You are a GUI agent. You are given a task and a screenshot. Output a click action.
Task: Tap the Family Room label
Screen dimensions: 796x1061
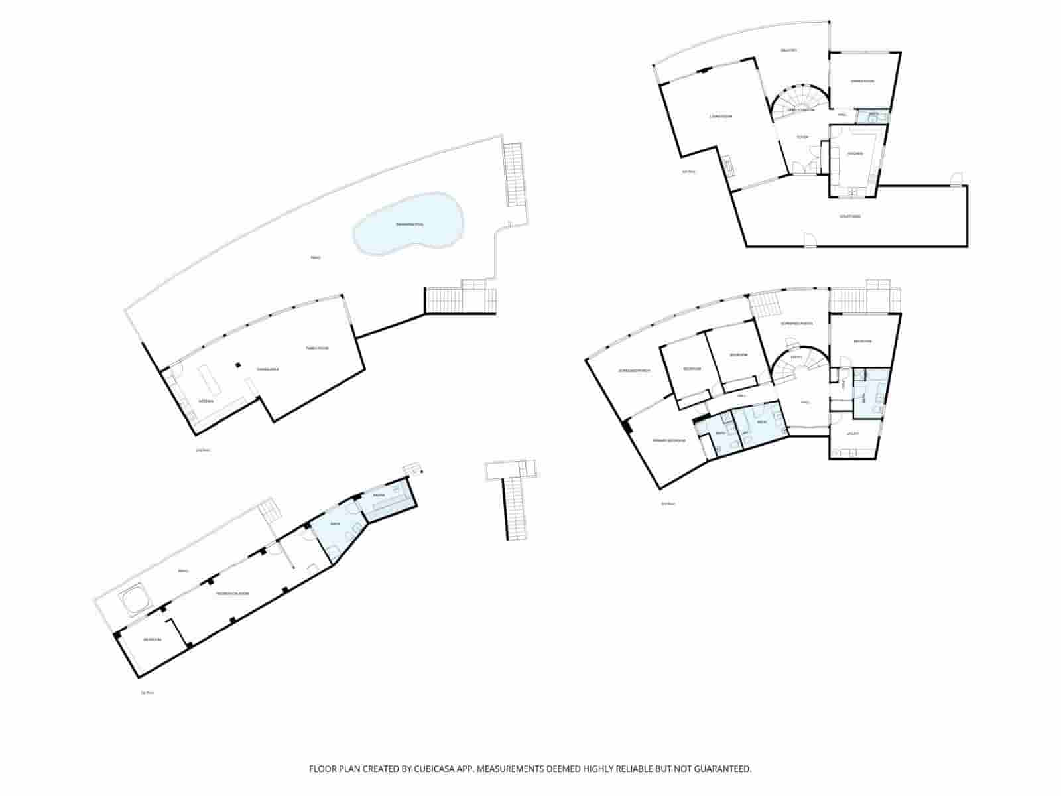pos(317,348)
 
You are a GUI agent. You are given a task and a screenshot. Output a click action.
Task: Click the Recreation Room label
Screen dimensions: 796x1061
pos(233,594)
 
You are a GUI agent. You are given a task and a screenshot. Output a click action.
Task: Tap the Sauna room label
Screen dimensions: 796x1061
pos(379,496)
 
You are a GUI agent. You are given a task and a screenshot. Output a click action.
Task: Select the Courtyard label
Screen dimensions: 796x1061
pos(849,216)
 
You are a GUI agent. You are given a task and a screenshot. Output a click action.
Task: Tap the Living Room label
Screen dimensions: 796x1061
pos(721,117)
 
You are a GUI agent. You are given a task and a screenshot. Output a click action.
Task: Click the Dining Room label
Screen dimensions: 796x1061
pos(863,81)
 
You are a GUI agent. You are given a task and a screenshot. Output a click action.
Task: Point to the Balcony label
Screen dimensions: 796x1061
pos(788,50)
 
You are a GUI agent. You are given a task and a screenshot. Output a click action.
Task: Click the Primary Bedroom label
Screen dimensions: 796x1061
pos(668,440)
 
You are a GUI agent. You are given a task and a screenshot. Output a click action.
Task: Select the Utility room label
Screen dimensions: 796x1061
pos(853,434)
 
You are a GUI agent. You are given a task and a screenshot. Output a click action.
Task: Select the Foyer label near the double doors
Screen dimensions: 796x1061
pos(802,137)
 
